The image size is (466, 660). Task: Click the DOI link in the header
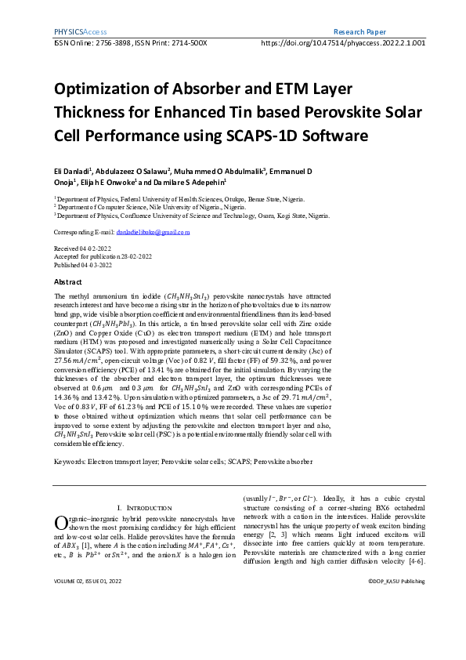[x=342, y=43]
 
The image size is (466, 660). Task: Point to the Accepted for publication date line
[x=103, y=256]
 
